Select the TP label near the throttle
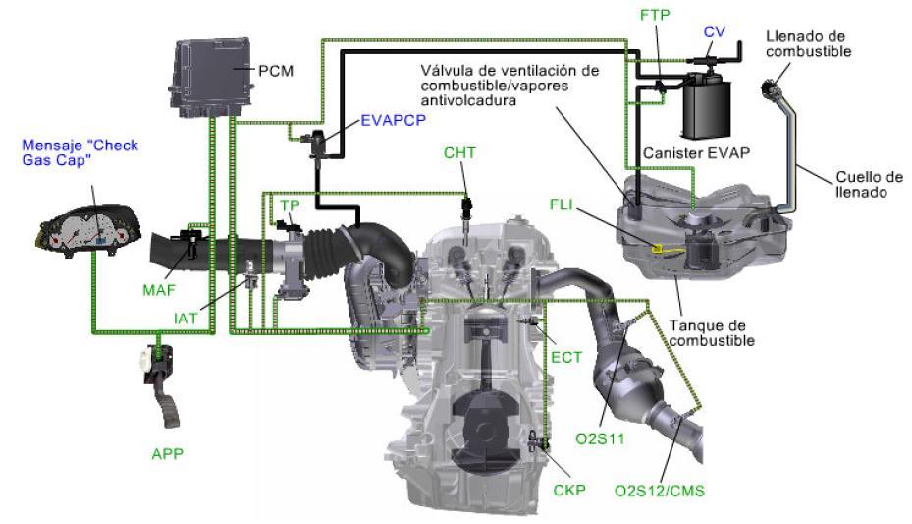289,204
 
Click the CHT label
460,153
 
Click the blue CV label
714,31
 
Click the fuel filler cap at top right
775,92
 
